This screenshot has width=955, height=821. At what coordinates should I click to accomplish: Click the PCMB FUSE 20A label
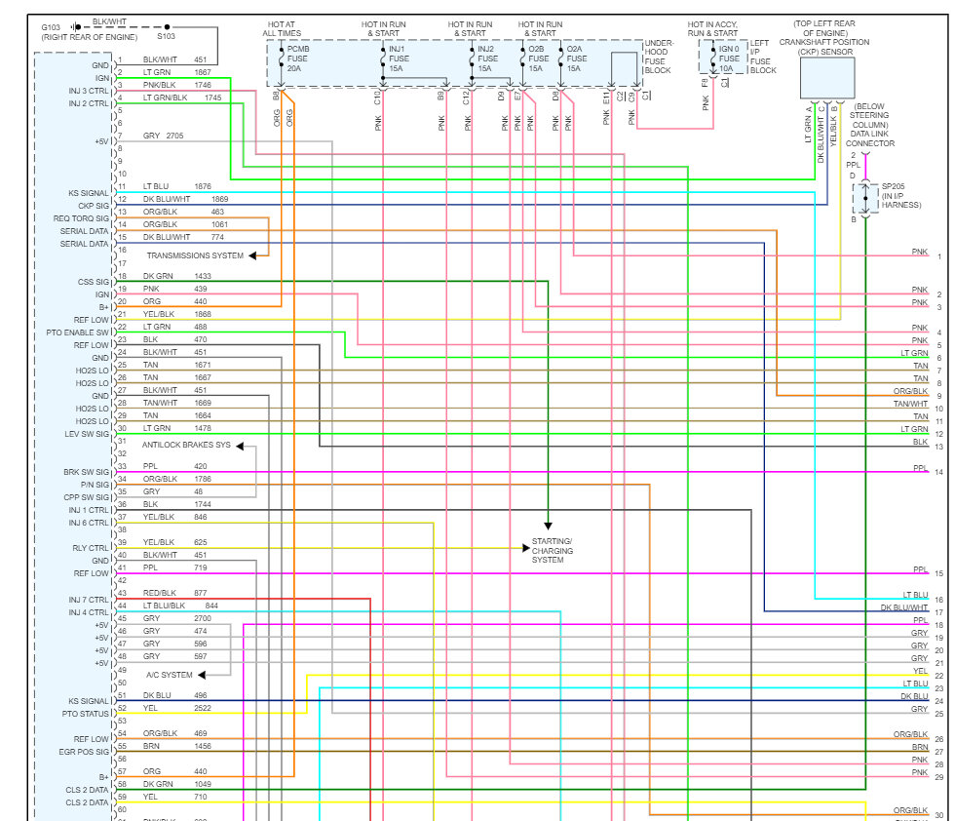tap(299, 59)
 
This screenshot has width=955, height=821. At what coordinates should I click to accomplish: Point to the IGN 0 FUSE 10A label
tap(731, 59)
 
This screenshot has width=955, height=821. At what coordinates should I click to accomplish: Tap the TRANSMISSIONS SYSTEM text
tap(195, 255)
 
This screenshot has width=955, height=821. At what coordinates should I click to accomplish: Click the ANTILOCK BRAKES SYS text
tap(186, 445)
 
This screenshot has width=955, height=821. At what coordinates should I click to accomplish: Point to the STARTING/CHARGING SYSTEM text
tap(552, 551)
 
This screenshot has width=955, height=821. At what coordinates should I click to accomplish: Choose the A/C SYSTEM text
tap(170, 675)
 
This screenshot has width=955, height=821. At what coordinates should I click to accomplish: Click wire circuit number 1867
tap(202, 72)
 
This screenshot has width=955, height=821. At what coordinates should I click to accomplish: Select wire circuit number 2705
tap(174, 136)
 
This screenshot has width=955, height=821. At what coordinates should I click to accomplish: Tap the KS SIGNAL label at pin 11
tap(89, 194)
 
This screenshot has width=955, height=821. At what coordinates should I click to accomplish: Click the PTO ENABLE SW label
tap(80, 332)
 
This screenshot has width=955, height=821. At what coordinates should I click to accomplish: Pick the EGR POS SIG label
tap(85, 752)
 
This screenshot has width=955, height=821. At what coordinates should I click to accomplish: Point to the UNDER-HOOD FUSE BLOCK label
tap(659, 58)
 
